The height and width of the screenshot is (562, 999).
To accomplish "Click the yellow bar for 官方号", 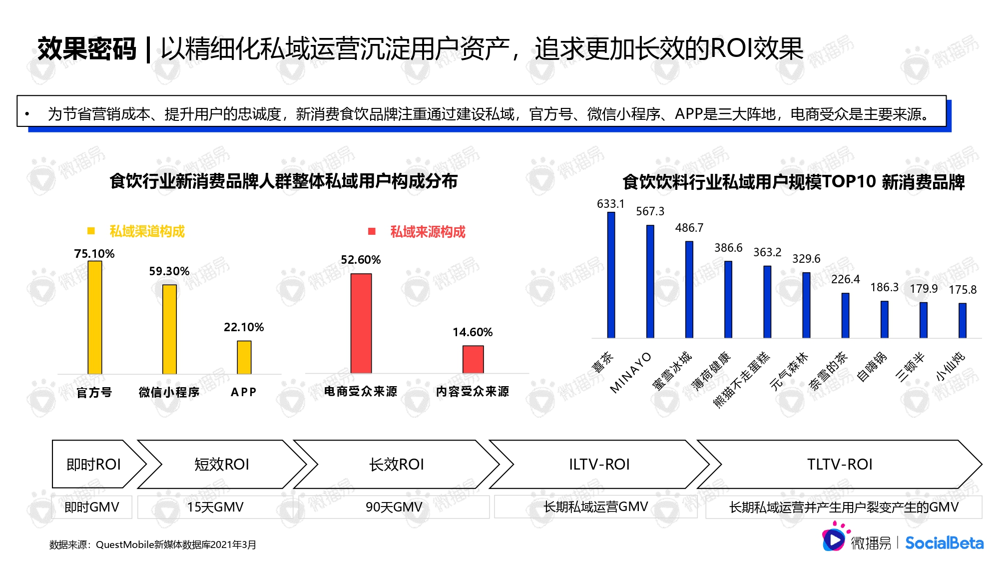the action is point(95,317).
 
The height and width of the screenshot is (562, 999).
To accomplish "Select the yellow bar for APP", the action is point(244,357).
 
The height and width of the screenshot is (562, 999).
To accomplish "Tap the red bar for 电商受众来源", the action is point(361,323).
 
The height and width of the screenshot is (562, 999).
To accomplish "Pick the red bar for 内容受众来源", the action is point(473,359).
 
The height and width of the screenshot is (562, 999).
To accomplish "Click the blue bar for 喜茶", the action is point(611,275).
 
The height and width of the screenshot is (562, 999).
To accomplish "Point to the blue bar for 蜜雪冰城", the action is point(689,290).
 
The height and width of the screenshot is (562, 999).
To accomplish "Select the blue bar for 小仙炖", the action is point(963,321).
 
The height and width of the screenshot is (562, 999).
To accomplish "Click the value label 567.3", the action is point(650,211).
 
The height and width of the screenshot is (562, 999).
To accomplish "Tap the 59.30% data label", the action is point(169,271).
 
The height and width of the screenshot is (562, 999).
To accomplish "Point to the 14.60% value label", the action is point(473,332).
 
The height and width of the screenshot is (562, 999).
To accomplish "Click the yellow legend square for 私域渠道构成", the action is point(91,231).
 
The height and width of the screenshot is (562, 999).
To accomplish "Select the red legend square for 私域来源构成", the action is point(372,231).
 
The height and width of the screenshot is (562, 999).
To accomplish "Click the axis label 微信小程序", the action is point(169,392).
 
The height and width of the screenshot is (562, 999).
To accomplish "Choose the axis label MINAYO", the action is point(631,373).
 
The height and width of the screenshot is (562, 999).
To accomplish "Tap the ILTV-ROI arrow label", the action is point(599,464).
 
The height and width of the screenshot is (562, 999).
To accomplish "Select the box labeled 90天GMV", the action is point(394,507).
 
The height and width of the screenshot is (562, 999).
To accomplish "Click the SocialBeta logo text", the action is point(944,543).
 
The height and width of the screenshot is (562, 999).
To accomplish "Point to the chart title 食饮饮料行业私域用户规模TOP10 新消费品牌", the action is point(794,182).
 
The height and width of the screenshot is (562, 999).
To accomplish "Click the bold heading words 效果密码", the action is point(87,49).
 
